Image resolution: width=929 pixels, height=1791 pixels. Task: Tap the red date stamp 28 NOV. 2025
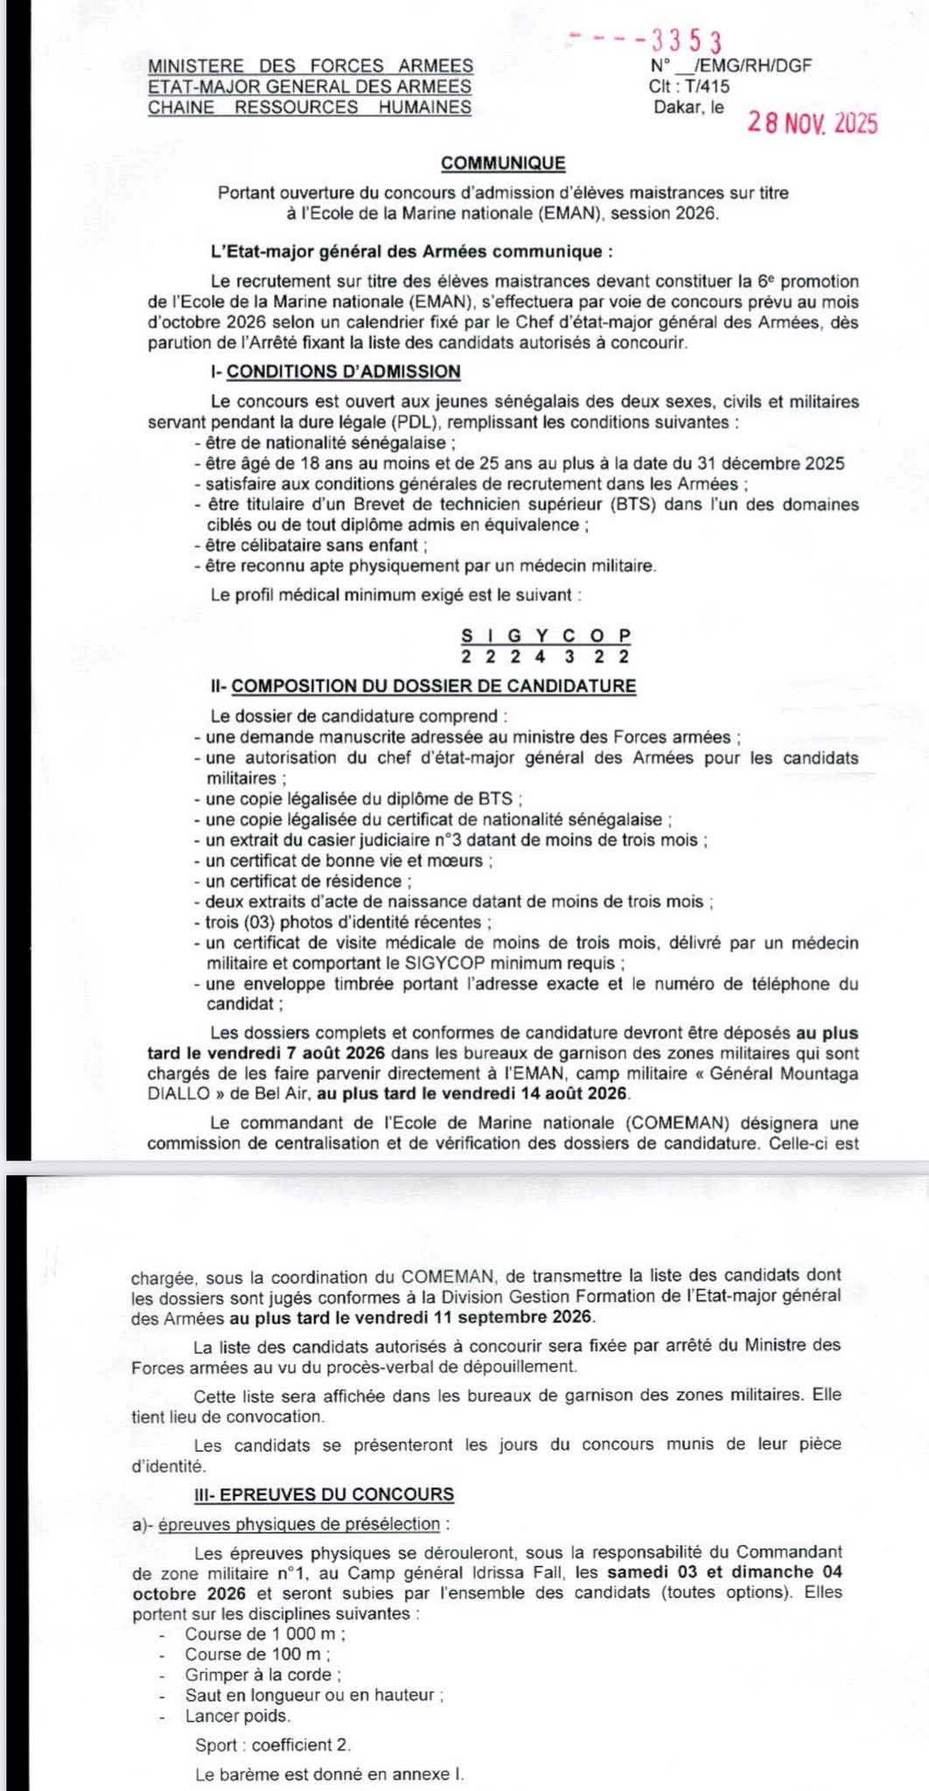(812, 123)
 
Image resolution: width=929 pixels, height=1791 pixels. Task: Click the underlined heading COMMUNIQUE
(503, 164)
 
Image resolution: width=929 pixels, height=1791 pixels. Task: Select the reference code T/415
(708, 87)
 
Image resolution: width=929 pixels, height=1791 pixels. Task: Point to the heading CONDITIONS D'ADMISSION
(343, 372)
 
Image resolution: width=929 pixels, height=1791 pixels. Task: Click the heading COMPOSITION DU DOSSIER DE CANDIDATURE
(434, 686)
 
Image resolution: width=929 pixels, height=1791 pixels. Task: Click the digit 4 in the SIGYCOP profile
(541, 657)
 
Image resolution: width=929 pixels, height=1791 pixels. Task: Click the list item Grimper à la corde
(262, 1675)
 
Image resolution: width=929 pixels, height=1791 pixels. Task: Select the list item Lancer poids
(237, 1716)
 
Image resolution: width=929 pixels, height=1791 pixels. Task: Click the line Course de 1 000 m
(264, 1634)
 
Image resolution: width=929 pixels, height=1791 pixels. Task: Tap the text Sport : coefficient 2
(273, 1745)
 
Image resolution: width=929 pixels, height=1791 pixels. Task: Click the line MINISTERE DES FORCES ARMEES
(311, 66)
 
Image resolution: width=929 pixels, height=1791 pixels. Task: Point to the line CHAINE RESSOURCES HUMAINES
(310, 108)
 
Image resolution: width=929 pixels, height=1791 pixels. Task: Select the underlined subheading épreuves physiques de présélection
(299, 1524)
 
